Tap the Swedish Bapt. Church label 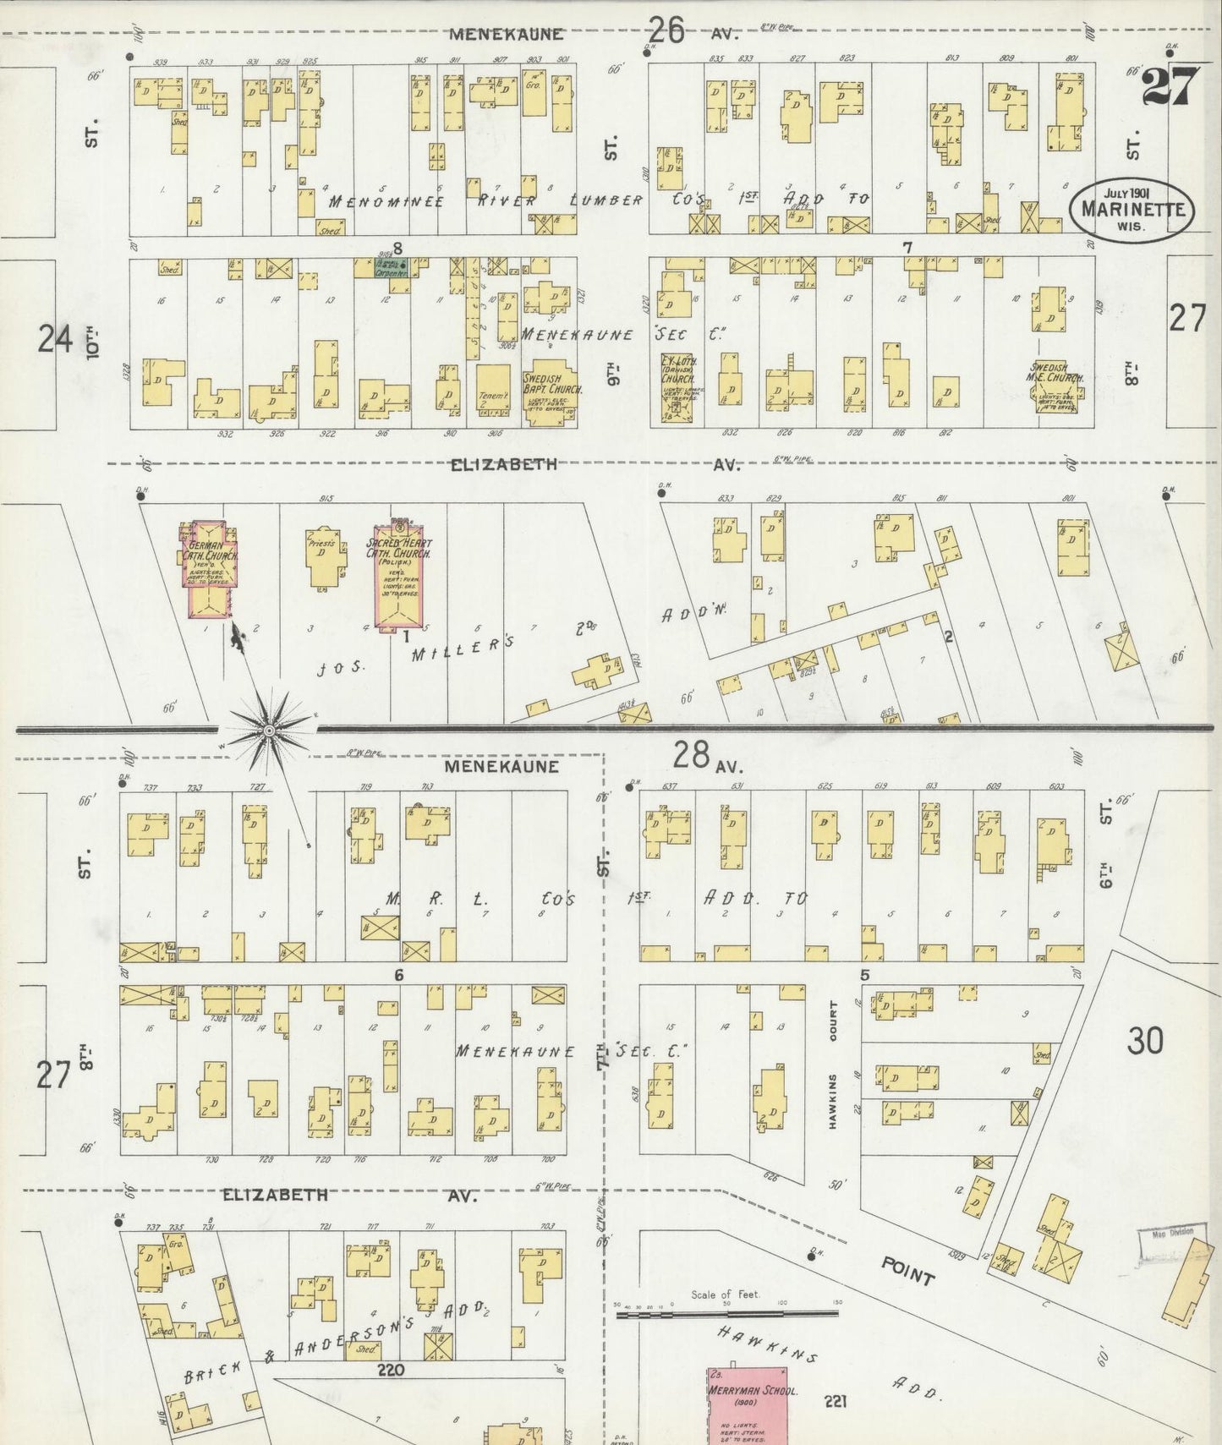coord(546,386)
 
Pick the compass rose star coord(269,730)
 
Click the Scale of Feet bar coord(727,1314)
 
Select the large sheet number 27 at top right coord(1170,85)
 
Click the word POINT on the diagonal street coord(907,1269)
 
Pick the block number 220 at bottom coord(391,1369)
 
